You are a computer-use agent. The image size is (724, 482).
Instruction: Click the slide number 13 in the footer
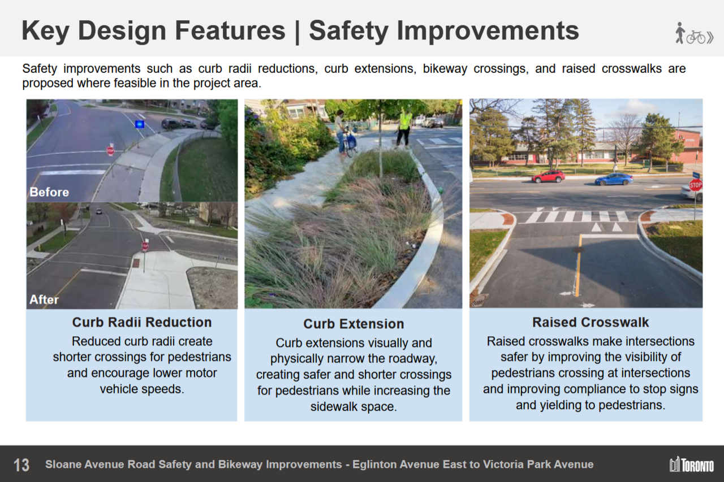(x=21, y=465)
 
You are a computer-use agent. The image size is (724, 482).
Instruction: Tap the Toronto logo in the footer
(x=691, y=464)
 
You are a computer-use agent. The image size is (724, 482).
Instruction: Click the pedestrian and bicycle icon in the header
(x=694, y=33)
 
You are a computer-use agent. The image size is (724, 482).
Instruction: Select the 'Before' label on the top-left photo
(x=49, y=192)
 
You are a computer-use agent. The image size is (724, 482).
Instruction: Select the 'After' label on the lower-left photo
(x=44, y=299)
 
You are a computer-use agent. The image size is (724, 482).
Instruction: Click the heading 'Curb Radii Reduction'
(x=142, y=322)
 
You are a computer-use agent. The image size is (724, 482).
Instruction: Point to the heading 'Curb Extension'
(x=354, y=324)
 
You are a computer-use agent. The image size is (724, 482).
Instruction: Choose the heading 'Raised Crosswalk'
(x=591, y=322)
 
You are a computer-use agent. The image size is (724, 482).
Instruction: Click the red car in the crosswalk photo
(x=549, y=177)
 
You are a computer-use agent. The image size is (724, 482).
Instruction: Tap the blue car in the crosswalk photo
(x=614, y=179)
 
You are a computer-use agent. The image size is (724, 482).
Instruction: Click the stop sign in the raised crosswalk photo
(x=696, y=185)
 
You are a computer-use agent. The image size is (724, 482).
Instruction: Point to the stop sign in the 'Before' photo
(x=110, y=150)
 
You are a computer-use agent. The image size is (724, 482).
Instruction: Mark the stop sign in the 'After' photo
(x=145, y=246)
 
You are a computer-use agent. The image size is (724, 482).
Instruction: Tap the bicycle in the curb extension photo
(x=350, y=144)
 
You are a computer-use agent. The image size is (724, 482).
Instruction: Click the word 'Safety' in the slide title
(x=349, y=31)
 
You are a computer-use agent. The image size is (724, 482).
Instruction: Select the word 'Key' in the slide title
(x=45, y=31)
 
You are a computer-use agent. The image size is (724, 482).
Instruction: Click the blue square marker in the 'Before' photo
(x=140, y=124)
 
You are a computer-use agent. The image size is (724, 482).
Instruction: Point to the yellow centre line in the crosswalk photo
(x=578, y=266)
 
